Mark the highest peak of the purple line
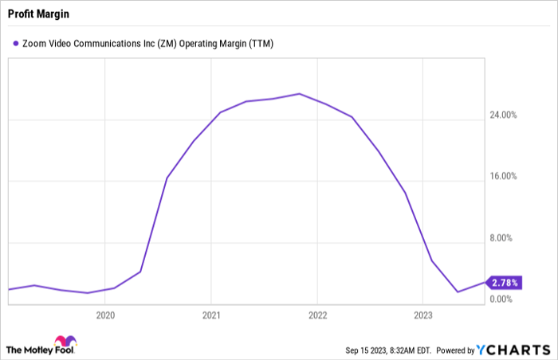pyautogui.click(x=299, y=94)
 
